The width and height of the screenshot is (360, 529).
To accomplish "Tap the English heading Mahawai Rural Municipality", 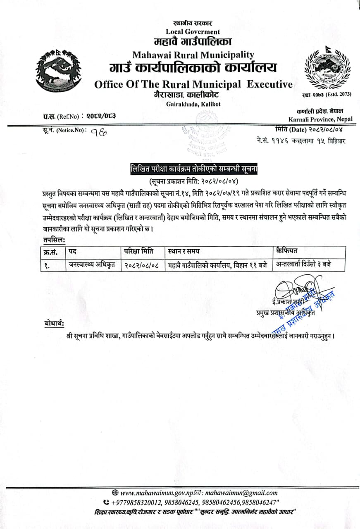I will (193, 55).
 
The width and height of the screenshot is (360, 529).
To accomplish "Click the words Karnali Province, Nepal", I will (321, 119).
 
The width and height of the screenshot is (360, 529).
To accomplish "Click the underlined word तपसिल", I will (54, 240).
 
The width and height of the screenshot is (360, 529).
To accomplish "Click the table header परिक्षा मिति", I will (139, 251).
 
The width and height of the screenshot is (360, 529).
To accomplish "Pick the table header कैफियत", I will (288, 250).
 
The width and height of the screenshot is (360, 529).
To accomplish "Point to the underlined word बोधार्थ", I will (54, 324).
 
